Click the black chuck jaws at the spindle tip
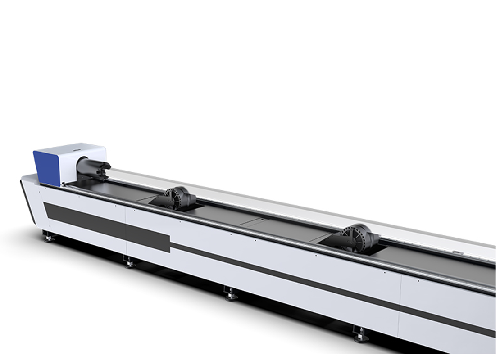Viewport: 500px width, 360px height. pyautogui.click(x=104, y=167)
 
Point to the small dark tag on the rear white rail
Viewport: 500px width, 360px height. pyautogui.click(x=455, y=253)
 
